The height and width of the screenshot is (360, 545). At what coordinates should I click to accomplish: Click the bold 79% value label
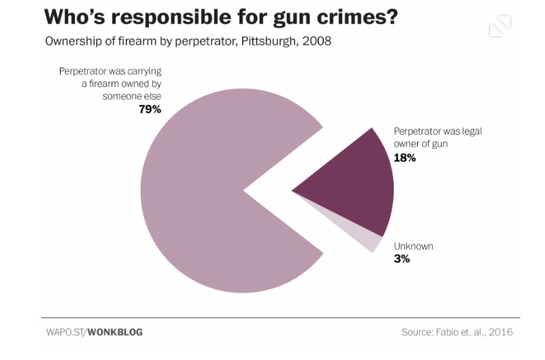(x=150, y=109)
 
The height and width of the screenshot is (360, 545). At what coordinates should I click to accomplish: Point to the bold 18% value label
(x=404, y=158)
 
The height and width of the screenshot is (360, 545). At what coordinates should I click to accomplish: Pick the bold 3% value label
(x=401, y=259)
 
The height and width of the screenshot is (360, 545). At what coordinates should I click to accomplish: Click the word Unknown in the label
(x=413, y=246)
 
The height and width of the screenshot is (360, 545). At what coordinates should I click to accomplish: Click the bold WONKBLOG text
(x=115, y=332)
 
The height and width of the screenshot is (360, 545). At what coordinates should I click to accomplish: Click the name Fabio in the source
(x=449, y=332)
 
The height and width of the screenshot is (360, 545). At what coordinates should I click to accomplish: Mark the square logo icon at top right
(x=499, y=26)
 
